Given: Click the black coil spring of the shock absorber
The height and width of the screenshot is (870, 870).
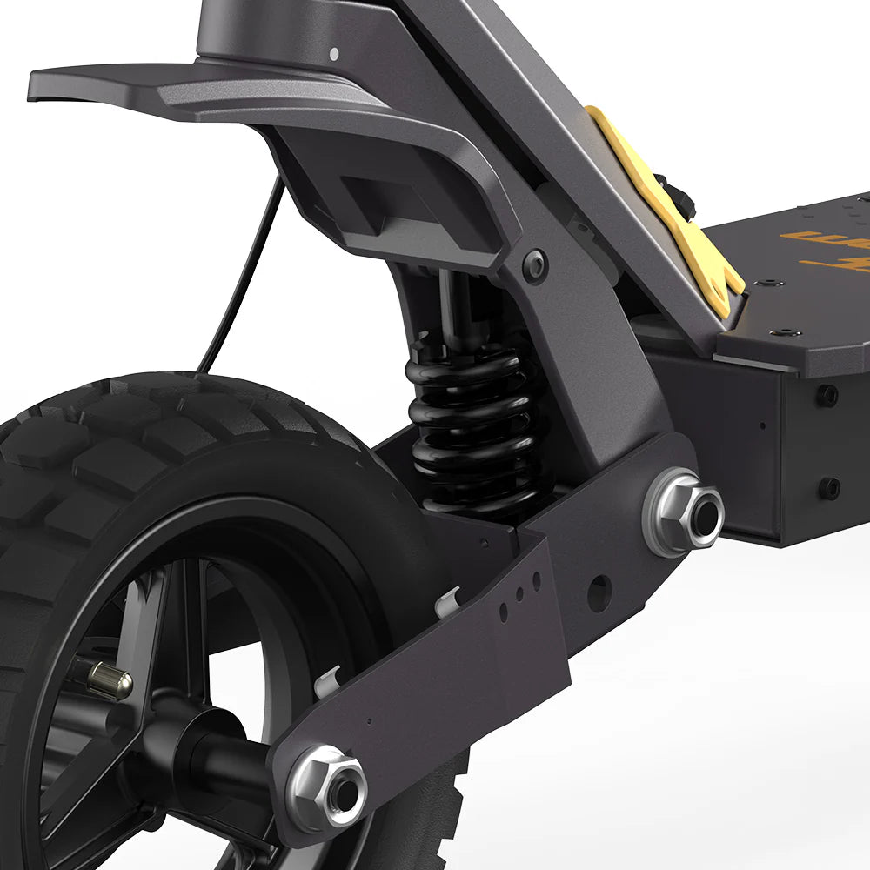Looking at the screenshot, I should point(474,418).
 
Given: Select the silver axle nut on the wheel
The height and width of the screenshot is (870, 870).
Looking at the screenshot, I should point(328,787).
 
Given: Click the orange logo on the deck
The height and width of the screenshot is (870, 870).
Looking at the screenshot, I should point(826,248).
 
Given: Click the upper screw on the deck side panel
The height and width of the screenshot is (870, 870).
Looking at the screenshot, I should point(826,395).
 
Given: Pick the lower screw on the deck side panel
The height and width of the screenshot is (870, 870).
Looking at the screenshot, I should point(829,487).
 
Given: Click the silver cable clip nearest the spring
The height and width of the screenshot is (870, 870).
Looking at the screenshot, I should point(447,601).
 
